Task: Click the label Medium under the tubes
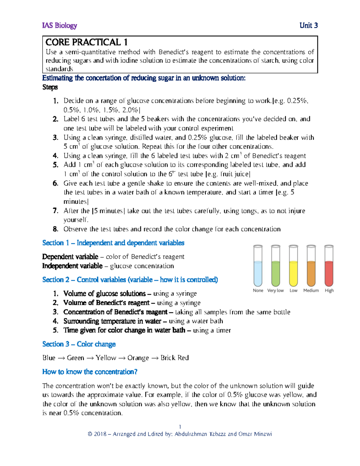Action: point(311,290)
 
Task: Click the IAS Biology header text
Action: point(60,26)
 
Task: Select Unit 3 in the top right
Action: point(308,26)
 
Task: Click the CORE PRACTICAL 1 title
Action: point(87,42)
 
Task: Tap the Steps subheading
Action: point(50,87)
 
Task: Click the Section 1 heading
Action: point(113,243)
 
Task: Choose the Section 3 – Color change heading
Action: point(79,344)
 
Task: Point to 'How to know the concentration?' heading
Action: point(90,372)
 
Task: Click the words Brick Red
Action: point(175,358)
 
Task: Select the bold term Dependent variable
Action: point(70,257)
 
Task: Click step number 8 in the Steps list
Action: point(55,229)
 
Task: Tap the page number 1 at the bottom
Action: point(180,427)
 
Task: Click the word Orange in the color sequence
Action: point(138,358)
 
